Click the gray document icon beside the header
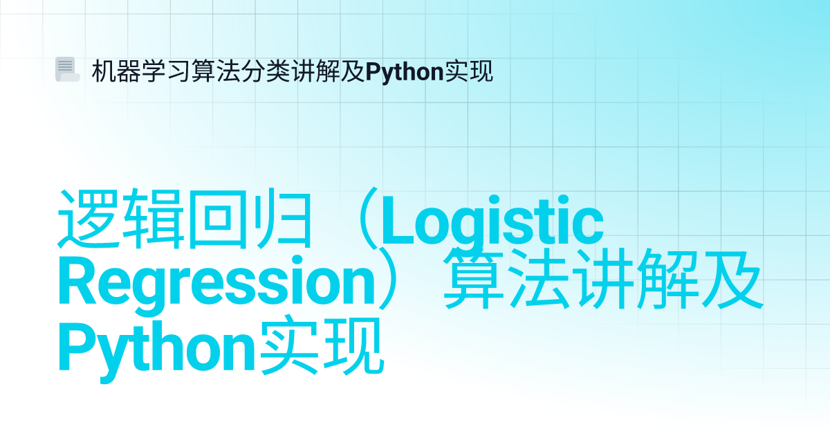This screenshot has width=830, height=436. click(68, 69)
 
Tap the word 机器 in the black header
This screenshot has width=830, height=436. click(116, 71)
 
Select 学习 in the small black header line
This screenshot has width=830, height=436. click(165, 71)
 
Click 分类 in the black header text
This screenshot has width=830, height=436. click(266, 71)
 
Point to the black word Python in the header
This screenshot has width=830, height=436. click(405, 72)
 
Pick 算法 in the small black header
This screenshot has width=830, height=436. click(216, 71)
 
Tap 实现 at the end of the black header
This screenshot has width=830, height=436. click(469, 71)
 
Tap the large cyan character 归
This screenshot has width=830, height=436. click(284, 219)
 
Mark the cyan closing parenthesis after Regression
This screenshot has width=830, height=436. click(389, 279)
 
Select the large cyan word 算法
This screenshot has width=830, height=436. click(507, 279)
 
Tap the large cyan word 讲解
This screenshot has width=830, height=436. click(636, 279)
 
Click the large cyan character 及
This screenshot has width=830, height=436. click(732, 280)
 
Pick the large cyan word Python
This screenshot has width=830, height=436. click(157, 350)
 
